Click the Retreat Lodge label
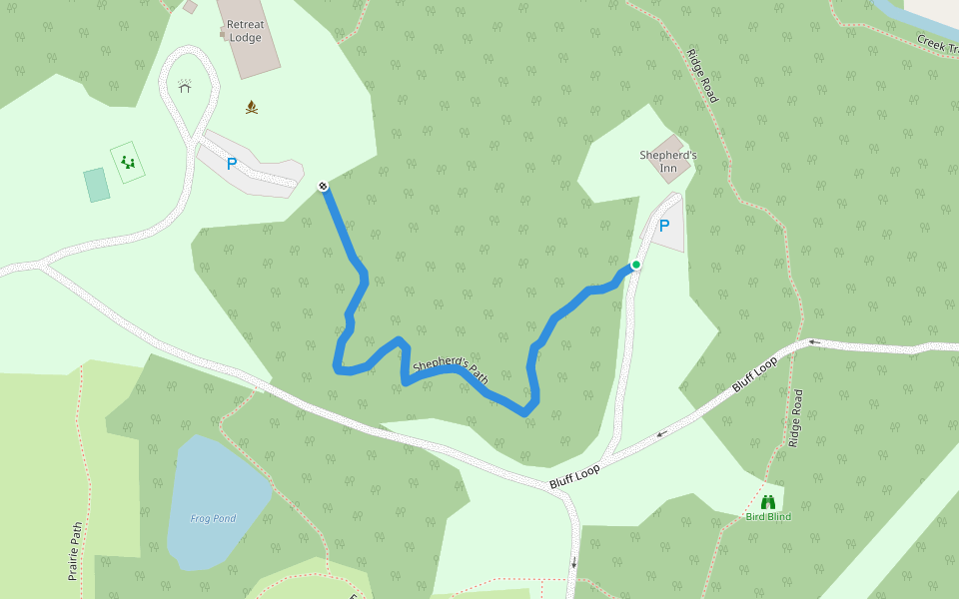[x=245, y=31]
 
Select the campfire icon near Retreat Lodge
[x=252, y=107]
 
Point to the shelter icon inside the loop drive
[x=184, y=86]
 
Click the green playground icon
[x=128, y=161]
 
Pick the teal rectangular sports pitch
[x=97, y=185]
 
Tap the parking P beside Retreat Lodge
[x=232, y=164]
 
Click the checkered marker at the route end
[x=324, y=186]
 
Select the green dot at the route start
[x=635, y=265]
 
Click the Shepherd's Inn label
[x=668, y=156]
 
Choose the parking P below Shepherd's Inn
[x=663, y=226]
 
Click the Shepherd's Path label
[x=451, y=371]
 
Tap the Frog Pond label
[x=213, y=518]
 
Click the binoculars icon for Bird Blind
[x=768, y=502]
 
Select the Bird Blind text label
[x=768, y=516]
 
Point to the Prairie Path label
[x=74, y=550]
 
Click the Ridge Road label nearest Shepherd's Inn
[x=702, y=75]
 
